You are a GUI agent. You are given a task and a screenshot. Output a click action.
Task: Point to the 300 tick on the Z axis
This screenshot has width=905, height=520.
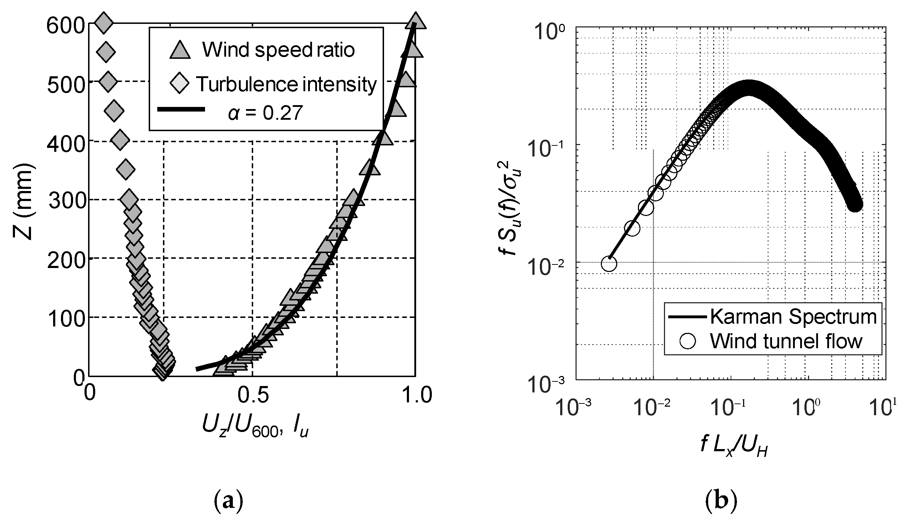tap(66, 201)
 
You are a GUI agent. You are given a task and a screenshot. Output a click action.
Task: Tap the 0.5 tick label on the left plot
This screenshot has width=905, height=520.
tap(253, 395)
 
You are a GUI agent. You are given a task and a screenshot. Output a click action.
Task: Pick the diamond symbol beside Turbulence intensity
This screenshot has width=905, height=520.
tap(179, 84)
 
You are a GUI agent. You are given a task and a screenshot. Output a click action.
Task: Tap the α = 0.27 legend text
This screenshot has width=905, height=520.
tap(265, 113)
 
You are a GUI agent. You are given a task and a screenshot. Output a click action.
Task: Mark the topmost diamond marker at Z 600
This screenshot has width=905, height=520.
tap(103, 23)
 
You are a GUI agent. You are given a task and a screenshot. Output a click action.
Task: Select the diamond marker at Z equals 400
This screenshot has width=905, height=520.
tap(120, 141)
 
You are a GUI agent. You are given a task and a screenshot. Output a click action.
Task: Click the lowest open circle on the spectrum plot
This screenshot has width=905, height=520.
tap(609, 264)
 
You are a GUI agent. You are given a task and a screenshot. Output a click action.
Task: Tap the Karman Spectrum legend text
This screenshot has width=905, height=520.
tap(793, 316)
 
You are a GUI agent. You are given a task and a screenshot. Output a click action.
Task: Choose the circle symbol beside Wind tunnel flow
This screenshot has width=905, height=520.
tap(688, 341)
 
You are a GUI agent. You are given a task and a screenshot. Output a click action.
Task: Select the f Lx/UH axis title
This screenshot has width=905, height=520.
tap(734, 447)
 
